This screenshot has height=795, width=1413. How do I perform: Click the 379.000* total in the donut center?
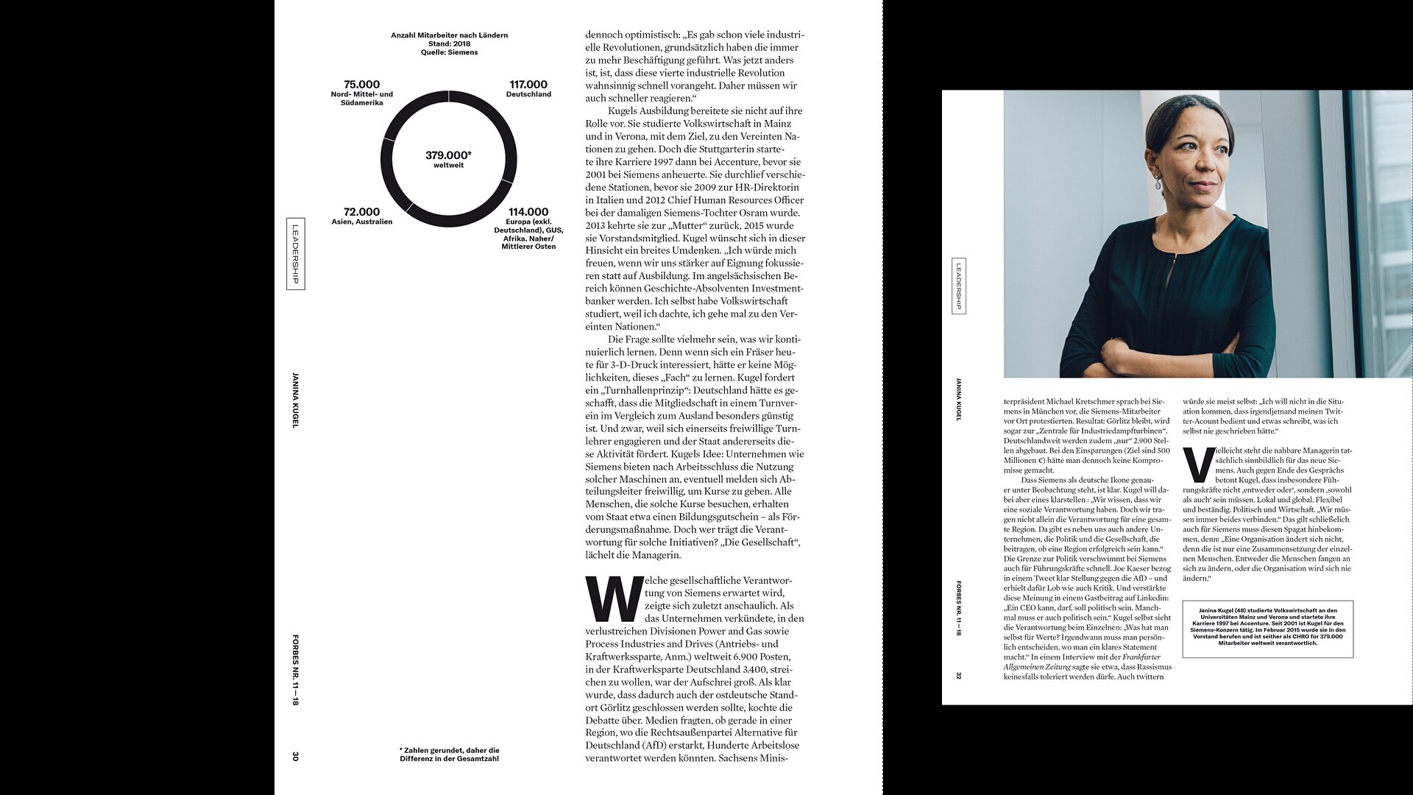[448, 155]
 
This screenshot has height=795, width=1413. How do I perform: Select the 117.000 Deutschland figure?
[528, 85]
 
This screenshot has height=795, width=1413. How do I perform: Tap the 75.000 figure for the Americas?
[361, 85]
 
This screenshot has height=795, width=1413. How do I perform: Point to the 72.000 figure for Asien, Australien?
[361, 212]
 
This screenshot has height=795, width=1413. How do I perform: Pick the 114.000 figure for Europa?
[528, 212]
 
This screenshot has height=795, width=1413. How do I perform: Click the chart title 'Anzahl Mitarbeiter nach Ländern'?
[449, 35]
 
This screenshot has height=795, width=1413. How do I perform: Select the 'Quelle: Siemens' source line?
[449, 52]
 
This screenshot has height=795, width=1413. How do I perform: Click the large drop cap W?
[613, 599]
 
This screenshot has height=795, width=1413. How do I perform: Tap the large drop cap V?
[1197, 464]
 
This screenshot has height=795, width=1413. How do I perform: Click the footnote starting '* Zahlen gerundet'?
[449, 755]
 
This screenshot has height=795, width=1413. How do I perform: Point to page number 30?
[296, 756]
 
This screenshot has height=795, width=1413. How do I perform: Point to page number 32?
[958, 675]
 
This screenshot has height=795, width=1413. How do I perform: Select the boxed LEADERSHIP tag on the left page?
[296, 254]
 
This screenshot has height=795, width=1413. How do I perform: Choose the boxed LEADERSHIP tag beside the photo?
[959, 286]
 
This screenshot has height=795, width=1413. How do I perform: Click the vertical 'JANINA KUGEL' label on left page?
[296, 400]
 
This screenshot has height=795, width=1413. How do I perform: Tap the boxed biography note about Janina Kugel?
[1267, 629]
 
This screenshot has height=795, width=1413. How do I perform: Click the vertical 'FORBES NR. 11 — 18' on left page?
[296, 670]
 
